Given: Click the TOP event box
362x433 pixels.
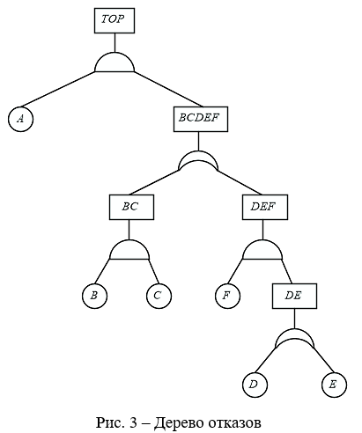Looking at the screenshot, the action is (115, 20).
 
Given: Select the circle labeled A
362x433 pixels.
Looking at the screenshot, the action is (20, 119).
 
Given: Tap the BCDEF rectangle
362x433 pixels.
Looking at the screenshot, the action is (201, 119).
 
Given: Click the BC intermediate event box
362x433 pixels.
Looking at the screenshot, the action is (131, 207).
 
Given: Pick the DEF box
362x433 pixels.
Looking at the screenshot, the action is (265, 207).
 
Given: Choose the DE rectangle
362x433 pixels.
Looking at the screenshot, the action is (294, 296).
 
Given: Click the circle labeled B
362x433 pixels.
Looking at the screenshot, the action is (94, 296).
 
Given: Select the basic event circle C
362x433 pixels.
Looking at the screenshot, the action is (159, 296).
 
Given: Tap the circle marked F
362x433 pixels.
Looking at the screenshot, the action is (227, 296).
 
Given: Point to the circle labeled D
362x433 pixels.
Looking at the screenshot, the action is (255, 385).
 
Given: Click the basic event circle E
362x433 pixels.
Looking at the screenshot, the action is (334, 385).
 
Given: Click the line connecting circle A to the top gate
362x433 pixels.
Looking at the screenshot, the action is (57, 89).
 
